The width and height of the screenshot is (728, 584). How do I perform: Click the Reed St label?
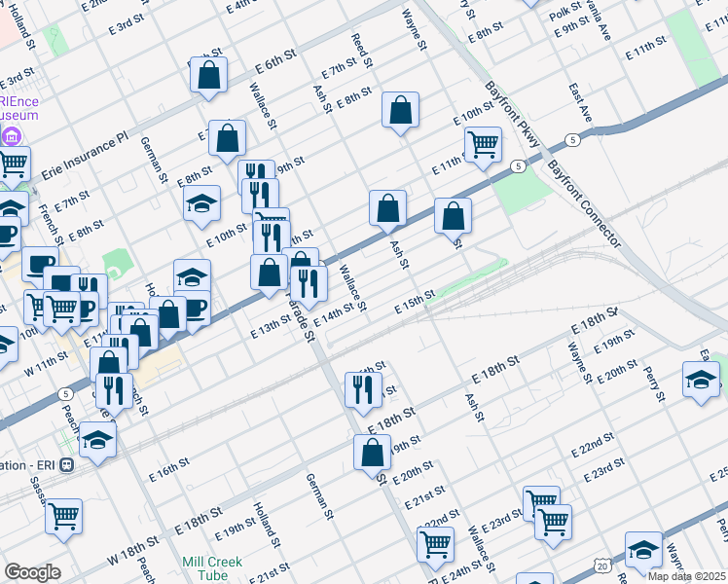363,50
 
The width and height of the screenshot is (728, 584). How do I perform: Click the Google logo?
33,572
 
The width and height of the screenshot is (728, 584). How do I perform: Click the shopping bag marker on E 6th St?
208,74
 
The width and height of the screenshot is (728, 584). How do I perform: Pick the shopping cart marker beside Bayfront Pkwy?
483,144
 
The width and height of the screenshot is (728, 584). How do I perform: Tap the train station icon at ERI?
66,465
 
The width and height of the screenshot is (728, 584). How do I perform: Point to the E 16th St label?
170,468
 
